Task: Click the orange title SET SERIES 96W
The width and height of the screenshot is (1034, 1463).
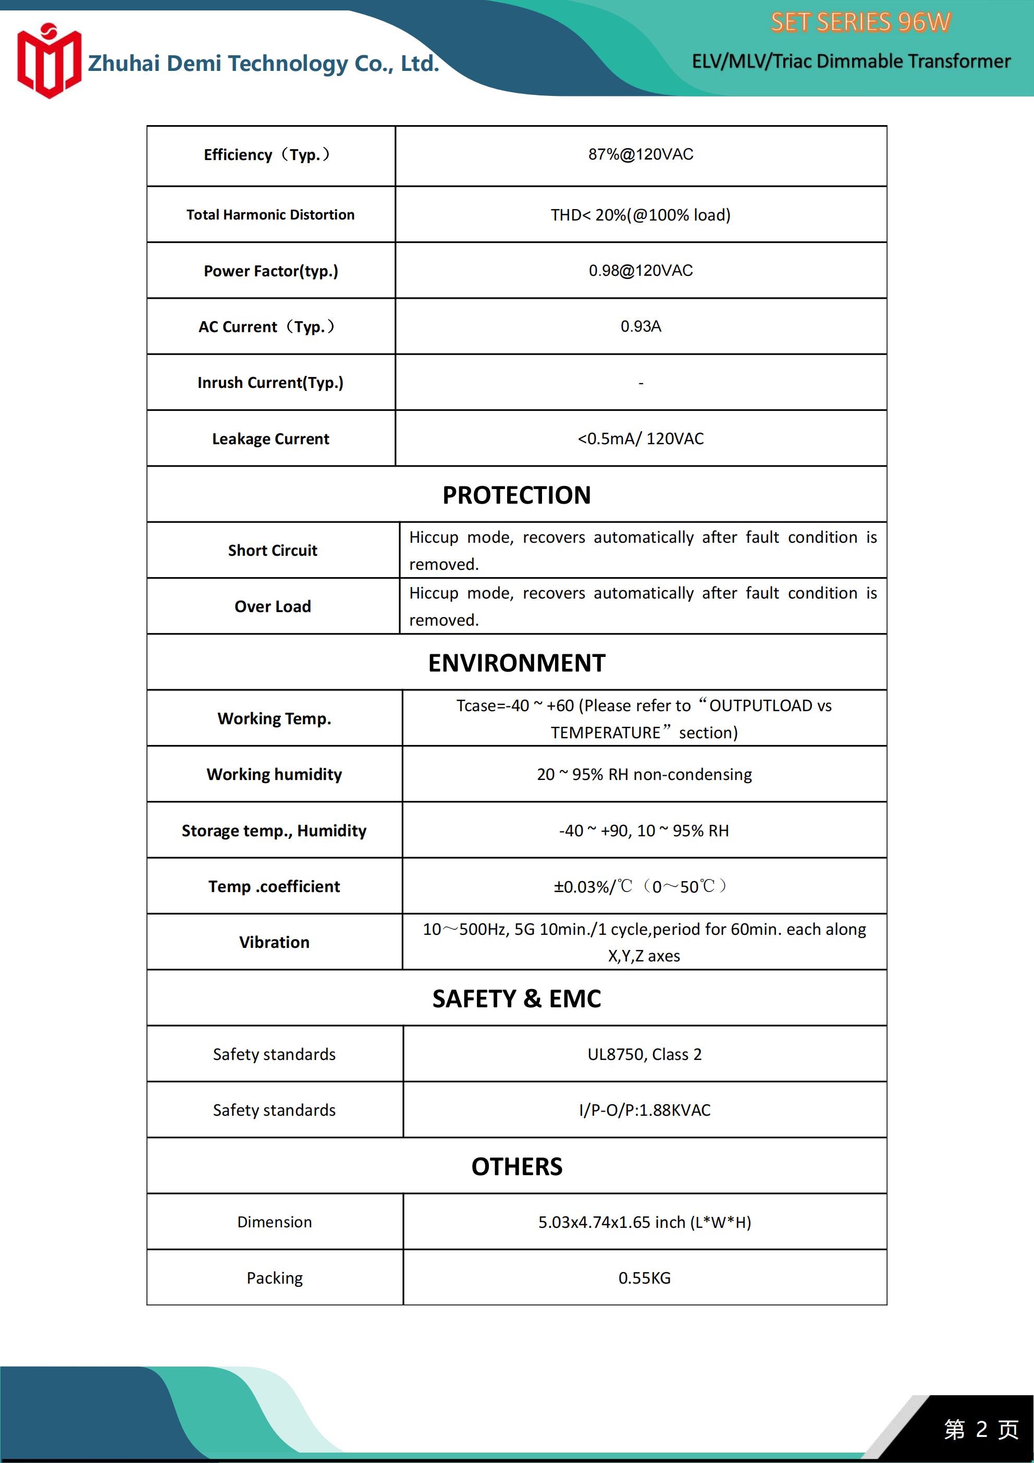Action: pos(860,22)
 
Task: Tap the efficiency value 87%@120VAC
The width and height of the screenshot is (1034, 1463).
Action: pos(641,154)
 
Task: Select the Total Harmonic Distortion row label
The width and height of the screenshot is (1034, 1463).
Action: pos(270,215)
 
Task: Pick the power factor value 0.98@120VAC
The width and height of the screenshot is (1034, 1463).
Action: pos(641,270)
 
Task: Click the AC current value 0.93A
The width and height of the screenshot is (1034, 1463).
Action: pos(641,326)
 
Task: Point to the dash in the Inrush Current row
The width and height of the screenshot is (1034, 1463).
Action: pos(641,383)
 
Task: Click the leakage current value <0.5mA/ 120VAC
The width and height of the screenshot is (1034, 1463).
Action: pos(641,438)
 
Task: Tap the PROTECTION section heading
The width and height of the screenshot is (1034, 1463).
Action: pos(516,495)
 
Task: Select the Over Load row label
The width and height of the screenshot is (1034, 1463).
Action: pos(273,606)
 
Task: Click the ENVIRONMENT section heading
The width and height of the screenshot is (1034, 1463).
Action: pos(516,663)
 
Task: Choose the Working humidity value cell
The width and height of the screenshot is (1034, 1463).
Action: pos(644,774)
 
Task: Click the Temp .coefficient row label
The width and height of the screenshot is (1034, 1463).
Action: pos(274,886)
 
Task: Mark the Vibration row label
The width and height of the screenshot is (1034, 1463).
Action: pos(274,943)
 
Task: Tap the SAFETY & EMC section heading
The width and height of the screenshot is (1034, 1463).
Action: pos(516,998)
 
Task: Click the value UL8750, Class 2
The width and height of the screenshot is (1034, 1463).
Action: pos(644,1055)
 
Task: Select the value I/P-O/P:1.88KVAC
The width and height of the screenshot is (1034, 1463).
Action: pos(644,1110)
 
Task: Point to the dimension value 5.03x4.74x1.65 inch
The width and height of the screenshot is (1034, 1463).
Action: pos(644,1222)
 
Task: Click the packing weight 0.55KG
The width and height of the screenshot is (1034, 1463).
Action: pos(644,1278)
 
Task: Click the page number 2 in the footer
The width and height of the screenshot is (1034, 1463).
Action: pos(981,1429)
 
